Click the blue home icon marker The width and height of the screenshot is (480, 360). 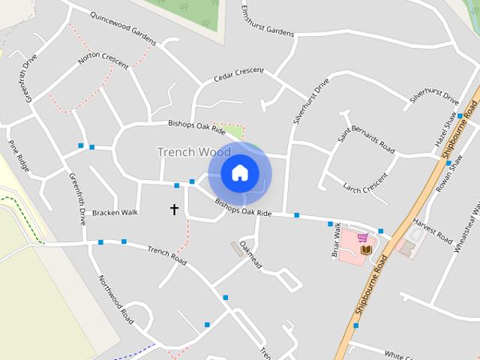[239, 173]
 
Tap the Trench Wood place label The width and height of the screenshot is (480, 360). [193, 152]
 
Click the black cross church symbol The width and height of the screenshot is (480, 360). [175, 209]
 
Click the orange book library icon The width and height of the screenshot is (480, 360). [366, 250]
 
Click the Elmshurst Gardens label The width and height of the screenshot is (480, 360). [268, 22]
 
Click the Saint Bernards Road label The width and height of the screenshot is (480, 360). [366, 135]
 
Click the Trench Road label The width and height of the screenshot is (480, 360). [166, 255]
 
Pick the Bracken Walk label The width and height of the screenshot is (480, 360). [115, 213]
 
